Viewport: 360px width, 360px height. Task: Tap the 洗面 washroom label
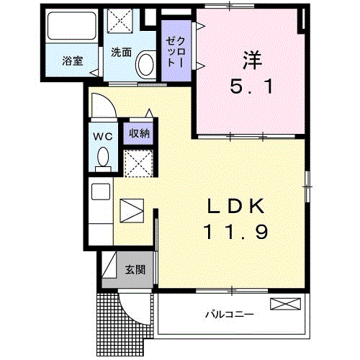pos(121,52)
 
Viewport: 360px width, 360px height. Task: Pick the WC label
pos(102,136)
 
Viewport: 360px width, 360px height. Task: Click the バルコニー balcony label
pos(228,315)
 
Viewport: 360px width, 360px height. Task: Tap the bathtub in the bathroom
pos(71,27)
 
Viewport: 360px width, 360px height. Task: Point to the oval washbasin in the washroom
pos(145,65)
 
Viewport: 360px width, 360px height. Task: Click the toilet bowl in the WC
pos(102,156)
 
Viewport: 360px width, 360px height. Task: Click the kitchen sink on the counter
pos(101,192)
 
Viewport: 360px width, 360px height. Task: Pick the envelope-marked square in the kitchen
pos(132,210)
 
